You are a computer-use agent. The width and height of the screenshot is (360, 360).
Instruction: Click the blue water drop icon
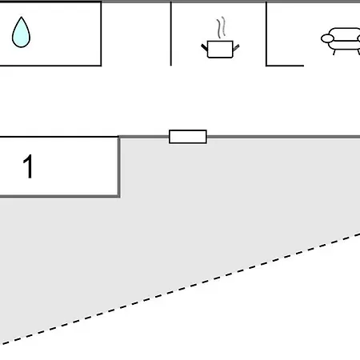pyautogui.click(x=21, y=33)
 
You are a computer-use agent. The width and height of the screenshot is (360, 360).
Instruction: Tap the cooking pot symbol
pyautogui.click(x=220, y=49)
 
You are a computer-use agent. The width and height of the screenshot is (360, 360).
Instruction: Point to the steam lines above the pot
pyautogui.click(x=221, y=27)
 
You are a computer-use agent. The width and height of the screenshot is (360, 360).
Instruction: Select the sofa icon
pyautogui.click(x=341, y=41)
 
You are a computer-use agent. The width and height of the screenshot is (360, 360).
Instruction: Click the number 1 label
pyautogui.click(x=28, y=166)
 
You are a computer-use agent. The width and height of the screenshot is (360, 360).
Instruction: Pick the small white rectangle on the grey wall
pyautogui.click(x=188, y=137)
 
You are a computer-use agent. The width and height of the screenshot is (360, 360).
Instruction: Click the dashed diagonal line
pyautogui.click(x=180, y=289)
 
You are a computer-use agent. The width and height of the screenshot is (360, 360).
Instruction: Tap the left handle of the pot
pyautogui.click(x=204, y=48)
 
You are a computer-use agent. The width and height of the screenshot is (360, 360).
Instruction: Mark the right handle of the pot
pyautogui.click(x=236, y=47)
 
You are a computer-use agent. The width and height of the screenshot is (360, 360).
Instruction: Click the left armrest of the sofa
pyautogui.click(x=327, y=38)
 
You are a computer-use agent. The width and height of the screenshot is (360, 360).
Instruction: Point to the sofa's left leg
pyautogui.click(x=334, y=52)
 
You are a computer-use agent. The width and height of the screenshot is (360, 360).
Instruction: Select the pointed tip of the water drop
pyautogui.click(x=22, y=18)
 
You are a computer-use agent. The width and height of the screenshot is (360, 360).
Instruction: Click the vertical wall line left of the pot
pyautogui.click(x=171, y=34)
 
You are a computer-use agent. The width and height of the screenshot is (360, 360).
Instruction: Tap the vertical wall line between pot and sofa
pyautogui.click(x=266, y=34)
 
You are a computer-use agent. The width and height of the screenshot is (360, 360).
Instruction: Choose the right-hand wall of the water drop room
pyautogui.click(x=101, y=34)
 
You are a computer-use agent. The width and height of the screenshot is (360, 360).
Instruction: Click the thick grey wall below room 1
pyautogui.click(x=60, y=197)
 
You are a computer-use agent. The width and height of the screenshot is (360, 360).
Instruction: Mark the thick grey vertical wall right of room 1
pyautogui.click(x=118, y=167)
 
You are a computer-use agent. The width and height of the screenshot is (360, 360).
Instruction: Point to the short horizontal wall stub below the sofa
pyautogui.click(x=285, y=66)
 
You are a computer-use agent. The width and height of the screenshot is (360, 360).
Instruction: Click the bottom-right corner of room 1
pyautogui.click(x=119, y=197)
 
